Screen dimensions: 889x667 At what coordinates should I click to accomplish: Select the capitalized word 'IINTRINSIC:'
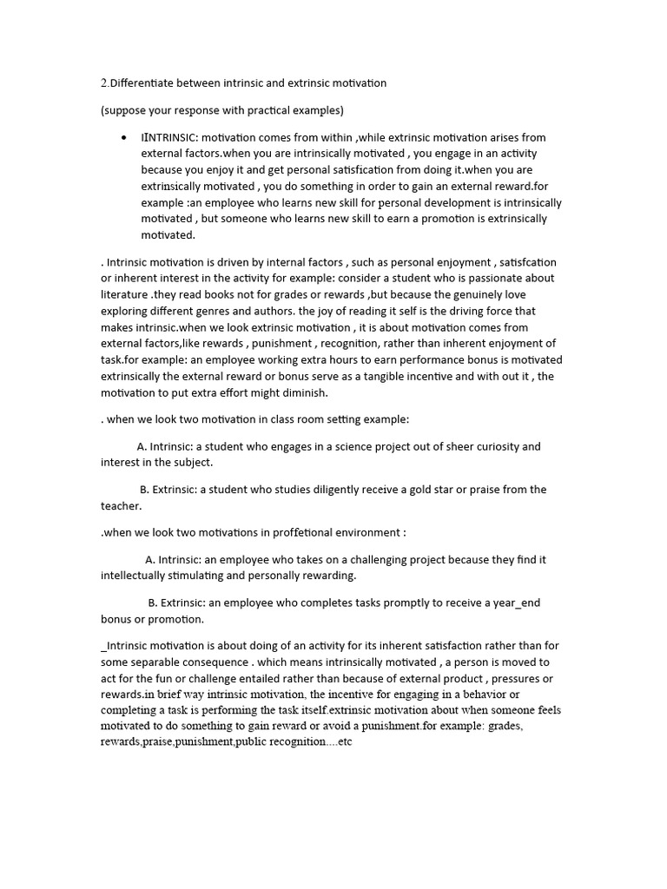tap(169, 138)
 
